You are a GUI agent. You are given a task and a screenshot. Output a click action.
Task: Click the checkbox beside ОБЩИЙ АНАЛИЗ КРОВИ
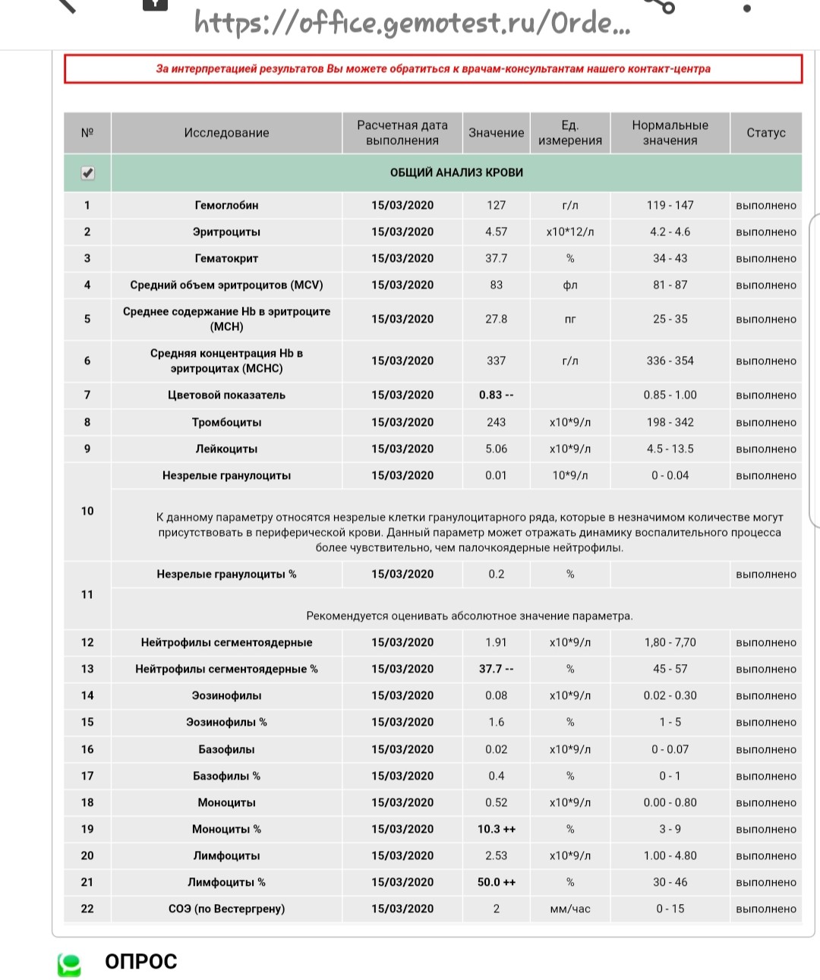click(88, 173)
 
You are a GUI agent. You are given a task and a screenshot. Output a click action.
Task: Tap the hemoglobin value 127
click(496, 206)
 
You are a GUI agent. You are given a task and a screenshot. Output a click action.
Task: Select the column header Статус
click(765, 133)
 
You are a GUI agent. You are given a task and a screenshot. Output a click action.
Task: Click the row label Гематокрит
click(226, 259)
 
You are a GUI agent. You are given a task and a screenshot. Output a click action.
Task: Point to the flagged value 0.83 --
click(496, 395)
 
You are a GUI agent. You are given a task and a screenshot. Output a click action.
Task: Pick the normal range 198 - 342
click(670, 423)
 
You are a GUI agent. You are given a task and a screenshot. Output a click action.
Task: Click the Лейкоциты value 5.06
click(496, 449)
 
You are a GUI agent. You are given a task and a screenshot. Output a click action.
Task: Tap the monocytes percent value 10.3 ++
click(496, 830)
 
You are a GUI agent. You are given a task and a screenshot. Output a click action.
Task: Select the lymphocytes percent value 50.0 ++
click(496, 883)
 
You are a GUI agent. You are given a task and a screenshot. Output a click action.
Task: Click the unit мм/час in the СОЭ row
click(569, 909)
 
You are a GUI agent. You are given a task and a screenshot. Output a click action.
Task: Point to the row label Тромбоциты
click(226, 423)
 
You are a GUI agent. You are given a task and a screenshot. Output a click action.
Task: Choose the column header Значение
click(496, 133)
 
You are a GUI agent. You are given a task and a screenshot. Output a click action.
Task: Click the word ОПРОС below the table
click(140, 962)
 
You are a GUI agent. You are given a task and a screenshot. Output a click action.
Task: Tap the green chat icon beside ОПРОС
click(70, 964)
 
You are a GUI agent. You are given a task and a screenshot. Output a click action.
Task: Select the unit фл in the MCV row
click(569, 285)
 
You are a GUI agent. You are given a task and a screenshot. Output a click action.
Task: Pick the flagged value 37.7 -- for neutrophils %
click(496, 670)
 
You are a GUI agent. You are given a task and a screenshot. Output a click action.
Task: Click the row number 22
click(87, 909)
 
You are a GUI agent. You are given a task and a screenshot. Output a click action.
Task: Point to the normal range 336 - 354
click(670, 361)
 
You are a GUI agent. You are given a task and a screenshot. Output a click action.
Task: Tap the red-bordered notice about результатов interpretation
click(433, 69)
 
